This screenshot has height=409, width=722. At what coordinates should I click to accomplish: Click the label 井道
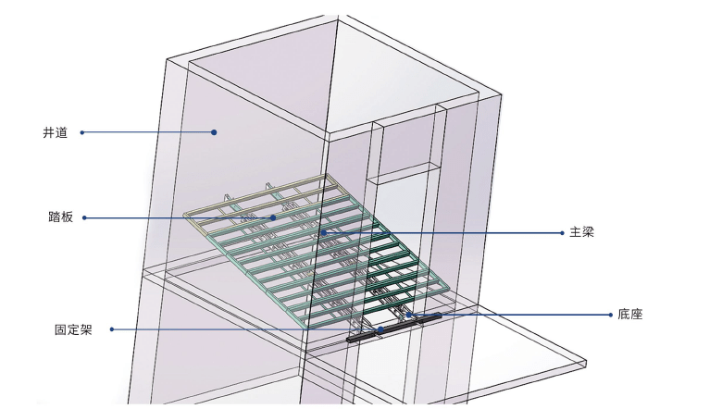point(56,133)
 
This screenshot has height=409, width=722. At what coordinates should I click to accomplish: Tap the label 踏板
point(61,217)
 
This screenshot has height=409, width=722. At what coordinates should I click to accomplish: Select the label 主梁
point(582,232)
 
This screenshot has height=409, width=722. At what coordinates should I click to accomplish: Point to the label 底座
point(630,315)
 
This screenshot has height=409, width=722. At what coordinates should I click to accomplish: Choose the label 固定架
point(74,329)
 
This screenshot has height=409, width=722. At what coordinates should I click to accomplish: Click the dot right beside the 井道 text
point(82,132)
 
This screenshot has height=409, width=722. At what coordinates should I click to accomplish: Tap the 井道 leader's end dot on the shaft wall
point(214,132)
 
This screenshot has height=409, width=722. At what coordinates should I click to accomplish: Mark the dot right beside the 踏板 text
point(84,217)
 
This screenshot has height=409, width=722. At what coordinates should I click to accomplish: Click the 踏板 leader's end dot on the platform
point(273,217)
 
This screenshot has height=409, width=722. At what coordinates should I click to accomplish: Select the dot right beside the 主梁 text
point(562,233)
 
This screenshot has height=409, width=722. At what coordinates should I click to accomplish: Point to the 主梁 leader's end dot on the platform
point(324,233)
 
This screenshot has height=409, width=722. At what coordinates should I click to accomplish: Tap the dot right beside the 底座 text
point(611,315)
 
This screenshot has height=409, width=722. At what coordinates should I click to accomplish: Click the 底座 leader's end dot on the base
point(408,315)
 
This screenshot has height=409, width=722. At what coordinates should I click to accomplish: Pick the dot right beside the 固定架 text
point(112,329)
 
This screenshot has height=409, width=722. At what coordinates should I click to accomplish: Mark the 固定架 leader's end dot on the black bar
point(380,329)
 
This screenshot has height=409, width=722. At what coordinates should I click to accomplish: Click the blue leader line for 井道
point(148,132)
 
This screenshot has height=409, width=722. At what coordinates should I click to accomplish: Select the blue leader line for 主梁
point(443,233)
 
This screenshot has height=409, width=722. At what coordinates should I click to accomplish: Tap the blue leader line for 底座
point(509,315)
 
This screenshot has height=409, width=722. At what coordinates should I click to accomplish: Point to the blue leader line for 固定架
point(246,329)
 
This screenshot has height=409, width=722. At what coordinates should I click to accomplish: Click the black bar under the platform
point(394,328)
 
